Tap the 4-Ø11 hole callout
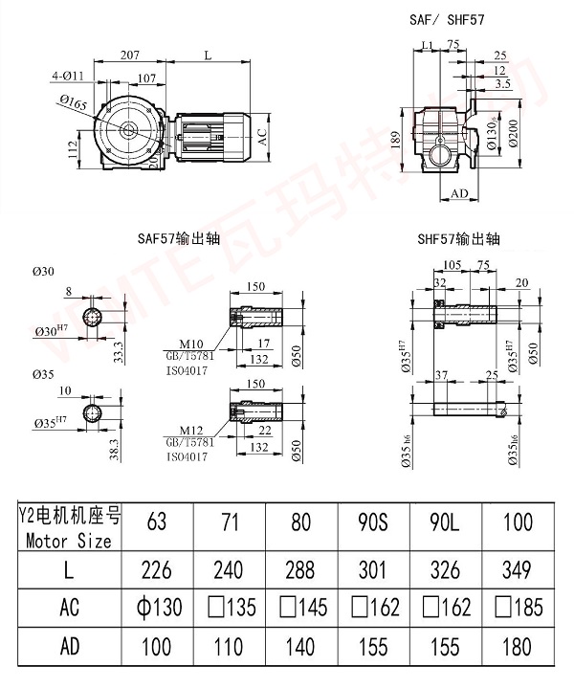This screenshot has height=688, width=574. (x=69, y=73)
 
